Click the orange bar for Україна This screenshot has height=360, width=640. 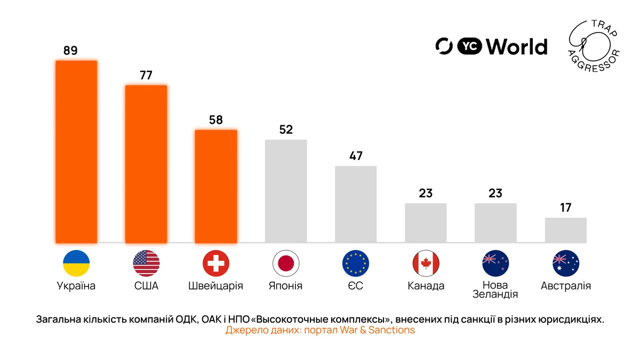coord(76,152)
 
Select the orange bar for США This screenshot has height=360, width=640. coord(146,164)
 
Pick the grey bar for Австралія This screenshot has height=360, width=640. coord(565,230)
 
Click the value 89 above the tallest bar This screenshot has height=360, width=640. coord(70,51)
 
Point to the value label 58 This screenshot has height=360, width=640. coord(216,120)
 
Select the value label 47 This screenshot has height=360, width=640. coord(356,156)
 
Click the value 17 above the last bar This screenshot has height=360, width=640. coord(565,208)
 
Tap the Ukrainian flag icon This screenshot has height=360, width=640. coord(76,263)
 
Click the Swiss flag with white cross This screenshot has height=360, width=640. coord(216,263)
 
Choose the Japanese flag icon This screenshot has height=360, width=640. coord(286,263)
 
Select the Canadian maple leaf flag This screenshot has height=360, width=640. coord(426,263)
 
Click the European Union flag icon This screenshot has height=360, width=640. coord(356,263)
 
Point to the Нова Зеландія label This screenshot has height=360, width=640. coord(495,290)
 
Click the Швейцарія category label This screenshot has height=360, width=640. coord(216,286)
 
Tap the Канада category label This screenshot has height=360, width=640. coord(426,286)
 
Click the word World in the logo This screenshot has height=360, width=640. coord(517,47)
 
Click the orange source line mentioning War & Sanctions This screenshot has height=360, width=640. coord(320,330)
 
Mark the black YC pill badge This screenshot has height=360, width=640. coord(469,47)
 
